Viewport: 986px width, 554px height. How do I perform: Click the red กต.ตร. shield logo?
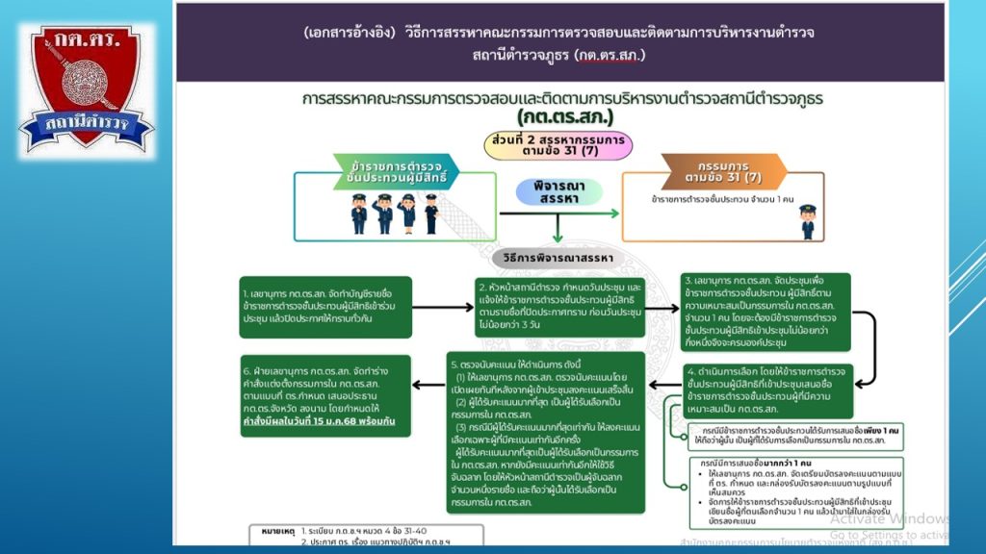pyautogui.click(x=86, y=86)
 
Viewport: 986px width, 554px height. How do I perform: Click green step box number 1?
pyautogui.click(x=325, y=306)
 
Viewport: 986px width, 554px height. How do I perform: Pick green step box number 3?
pyautogui.click(x=765, y=311)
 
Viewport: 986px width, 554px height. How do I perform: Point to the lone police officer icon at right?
pyautogui.click(x=807, y=220)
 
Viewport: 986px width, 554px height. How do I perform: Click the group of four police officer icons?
pyautogui.click(x=394, y=214)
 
